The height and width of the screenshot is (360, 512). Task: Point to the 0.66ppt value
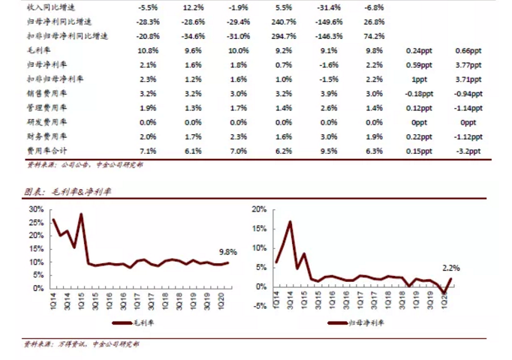tap(468, 50)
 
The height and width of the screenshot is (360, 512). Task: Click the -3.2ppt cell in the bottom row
tap(468, 150)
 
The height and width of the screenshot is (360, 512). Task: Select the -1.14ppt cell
tap(468, 107)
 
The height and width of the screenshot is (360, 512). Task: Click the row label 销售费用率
tap(47, 93)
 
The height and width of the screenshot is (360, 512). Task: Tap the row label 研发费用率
tap(47, 121)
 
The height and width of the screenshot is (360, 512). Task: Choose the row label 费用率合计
tap(47, 150)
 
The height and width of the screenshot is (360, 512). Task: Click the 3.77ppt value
tap(468, 64)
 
